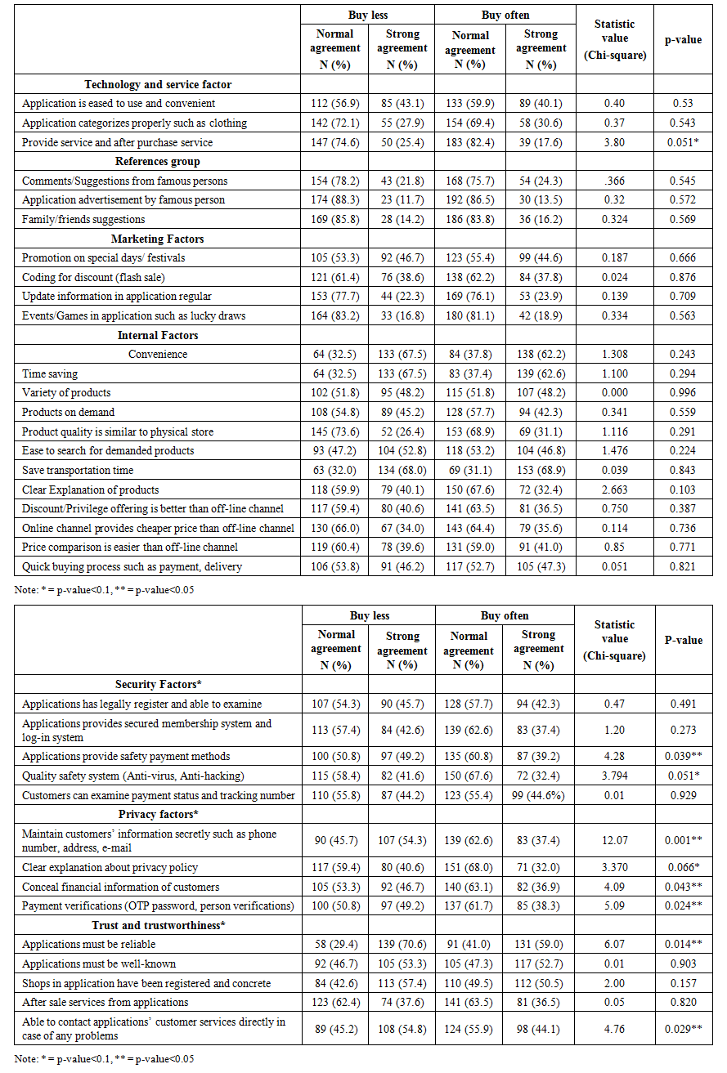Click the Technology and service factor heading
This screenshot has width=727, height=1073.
pyautogui.click(x=158, y=84)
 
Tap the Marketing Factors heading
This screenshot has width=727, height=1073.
pyautogui.click(x=158, y=239)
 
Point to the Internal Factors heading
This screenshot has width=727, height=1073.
pyautogui.click(x=158, y=335)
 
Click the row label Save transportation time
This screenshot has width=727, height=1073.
pyautogui.click(x=78, y=471)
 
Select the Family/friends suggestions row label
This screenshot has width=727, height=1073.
pyautogui.click(x=83, y=219)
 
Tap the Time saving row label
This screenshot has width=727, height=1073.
pyautogui.click(x=50, y=373)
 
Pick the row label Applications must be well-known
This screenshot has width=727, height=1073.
pyautogui.click(x=99, y=963)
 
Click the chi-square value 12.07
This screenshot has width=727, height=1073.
pyautogui.click(x=614, y=839)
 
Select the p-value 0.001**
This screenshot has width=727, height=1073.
pyautogui.click(x=684, y=839)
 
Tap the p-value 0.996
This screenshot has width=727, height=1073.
pyautogui.click(x=683, y=393)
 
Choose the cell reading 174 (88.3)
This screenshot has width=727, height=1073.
pyautogui.click(x=334, y=199)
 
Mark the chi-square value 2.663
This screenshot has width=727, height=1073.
pyautogui.click(x=614, y=490)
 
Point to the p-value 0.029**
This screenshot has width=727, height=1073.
pyautogui.click(x=684, y=1028)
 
